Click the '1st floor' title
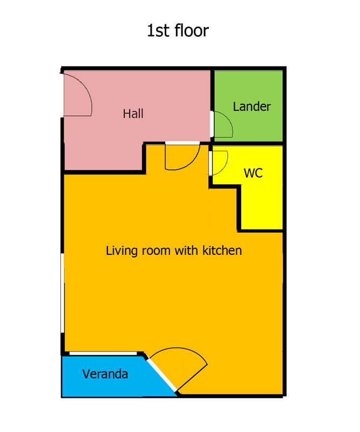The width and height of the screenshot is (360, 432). pyautogui.click(x=178, y=30)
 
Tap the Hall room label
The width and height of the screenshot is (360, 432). pyautogui.click(x=133, y=113)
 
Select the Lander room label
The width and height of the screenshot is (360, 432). pyautogui.click(x=252, y=106)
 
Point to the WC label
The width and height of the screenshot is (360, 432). pyautogui.click(x=253, y=173)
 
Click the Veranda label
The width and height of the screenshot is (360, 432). pyautogui.click(x=105, y=374)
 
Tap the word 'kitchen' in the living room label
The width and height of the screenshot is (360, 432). pyautogui.click(x=222, y=251)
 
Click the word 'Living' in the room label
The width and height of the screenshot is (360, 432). pyautogui.click(x=121, y=251)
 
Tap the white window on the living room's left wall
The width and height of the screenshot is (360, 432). pyautogui.click(x=62, y=293)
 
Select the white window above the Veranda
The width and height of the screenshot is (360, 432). pyautogui.click(x=103, y=354)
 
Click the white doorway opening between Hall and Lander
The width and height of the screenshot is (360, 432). pyautogui.click(x=212, y=124)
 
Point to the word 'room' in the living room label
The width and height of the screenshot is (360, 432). pyautogui.click(x=156, y=251)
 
